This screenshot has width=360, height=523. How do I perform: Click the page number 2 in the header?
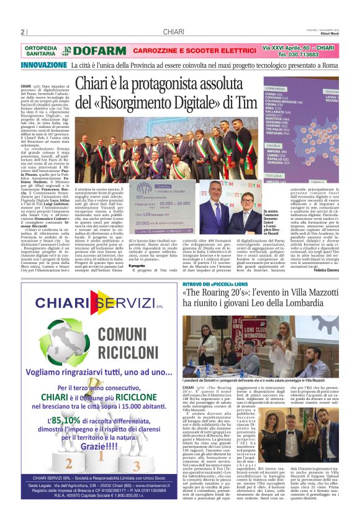tap(22, 32)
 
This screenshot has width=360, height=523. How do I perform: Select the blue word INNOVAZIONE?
tap(44, 65)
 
